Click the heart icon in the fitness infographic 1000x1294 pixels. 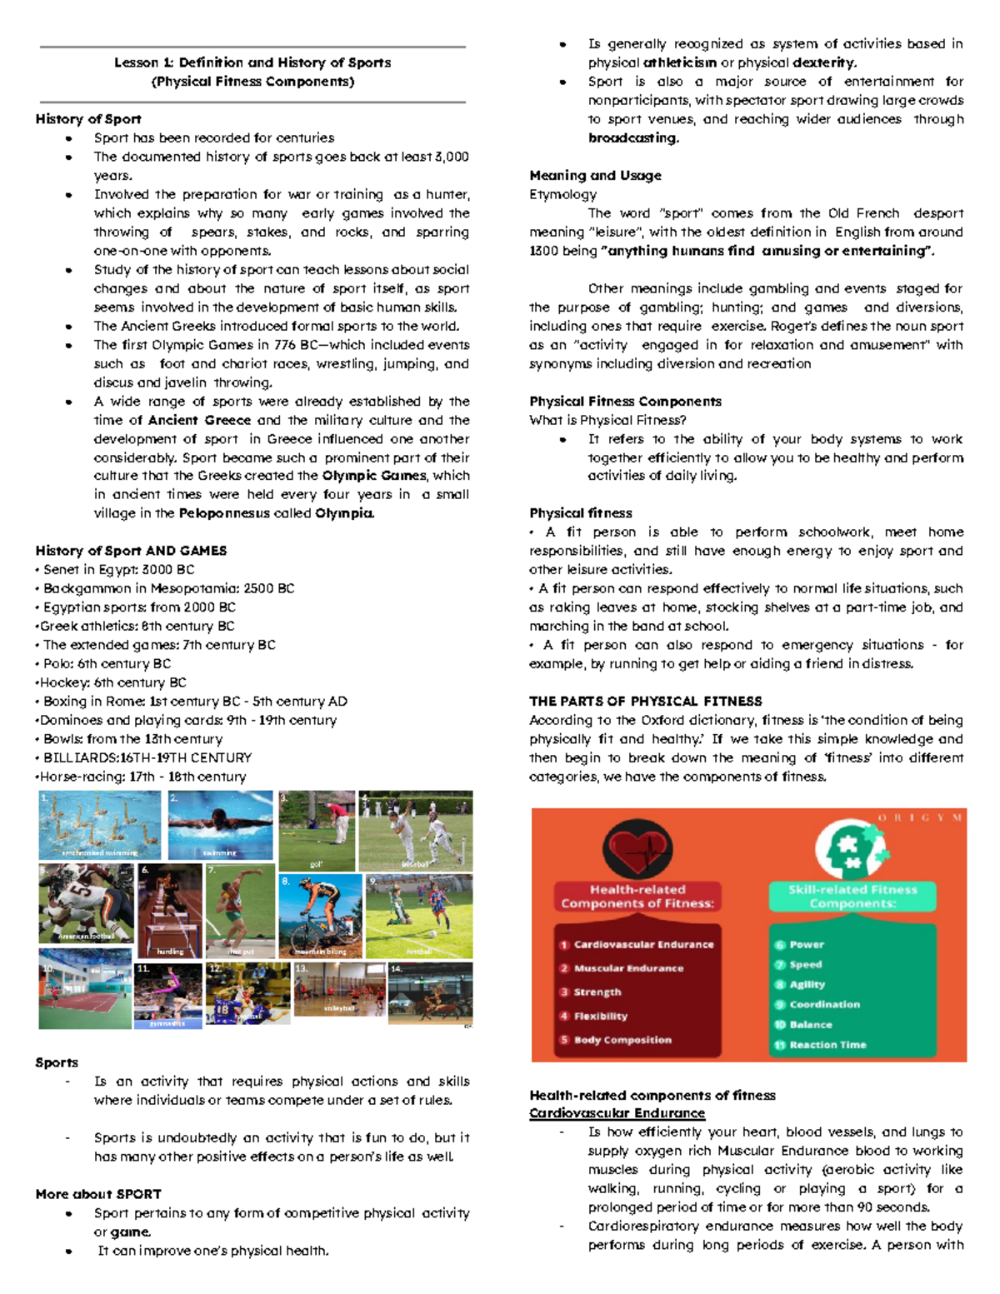(x=637, y=848)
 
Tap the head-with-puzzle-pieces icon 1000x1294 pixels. (x=852, y=849)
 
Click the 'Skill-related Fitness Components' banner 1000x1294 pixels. (x=852, y=897)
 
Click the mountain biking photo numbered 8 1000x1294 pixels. (x=320, y=916)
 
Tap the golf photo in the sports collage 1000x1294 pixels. (x=317, y=830)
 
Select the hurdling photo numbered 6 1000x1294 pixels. (x=170, y=911)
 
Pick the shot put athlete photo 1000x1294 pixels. (x=241, y=911)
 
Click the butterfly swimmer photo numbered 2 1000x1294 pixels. (x=220, y=825)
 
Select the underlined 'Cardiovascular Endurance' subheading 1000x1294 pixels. (x=617, y=1113)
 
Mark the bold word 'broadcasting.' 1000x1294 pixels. (x=633, y=138)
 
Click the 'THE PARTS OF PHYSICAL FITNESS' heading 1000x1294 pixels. (x=645, y=702)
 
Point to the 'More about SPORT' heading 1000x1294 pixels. (x=98, y=1194)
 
